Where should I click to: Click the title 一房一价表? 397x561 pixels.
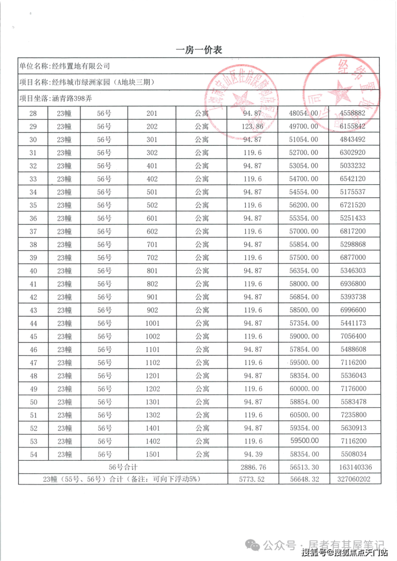[x=198, y=50]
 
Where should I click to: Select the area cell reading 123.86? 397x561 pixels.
[x=253, y=126]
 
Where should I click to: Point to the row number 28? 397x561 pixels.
[x=33, y=113]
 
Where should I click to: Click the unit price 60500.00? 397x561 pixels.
[x=304, y=415]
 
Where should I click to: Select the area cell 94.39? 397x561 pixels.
[x=253, y=454]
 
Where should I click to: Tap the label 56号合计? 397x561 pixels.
[x=123, y=467]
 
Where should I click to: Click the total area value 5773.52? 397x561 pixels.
[x=253, y=480]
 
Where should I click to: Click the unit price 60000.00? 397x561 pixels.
[x=304, y=388]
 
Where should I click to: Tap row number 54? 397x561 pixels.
[x=33, y=454]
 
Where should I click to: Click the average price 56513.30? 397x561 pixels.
[x=304, y=467]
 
